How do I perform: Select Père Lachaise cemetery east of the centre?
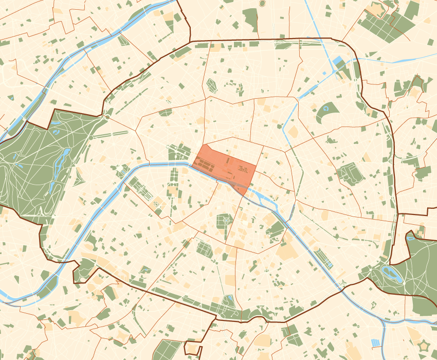tap(351, 174)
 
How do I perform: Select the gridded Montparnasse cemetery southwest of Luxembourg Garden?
tap(204, 249)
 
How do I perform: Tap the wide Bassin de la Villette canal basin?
tap(307, 90)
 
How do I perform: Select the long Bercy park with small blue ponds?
tap(323, 257)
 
